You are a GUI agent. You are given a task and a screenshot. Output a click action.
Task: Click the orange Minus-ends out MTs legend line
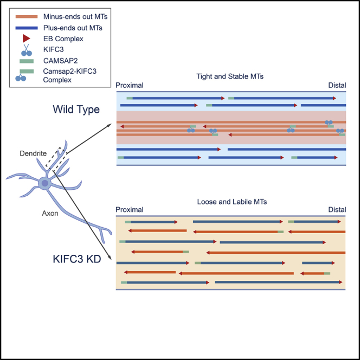click(x=27, y=17)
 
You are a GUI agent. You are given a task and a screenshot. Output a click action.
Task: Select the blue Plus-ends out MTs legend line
click(x=27, y=27)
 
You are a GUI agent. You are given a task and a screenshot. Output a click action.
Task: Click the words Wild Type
click(x=76, y=110)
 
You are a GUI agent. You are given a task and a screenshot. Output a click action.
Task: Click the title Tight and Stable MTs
click(x=230, y=76)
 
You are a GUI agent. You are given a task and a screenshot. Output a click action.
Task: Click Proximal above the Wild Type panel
click(x=130, y=85)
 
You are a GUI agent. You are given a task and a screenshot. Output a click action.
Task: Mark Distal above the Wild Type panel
click(x=337, y=85)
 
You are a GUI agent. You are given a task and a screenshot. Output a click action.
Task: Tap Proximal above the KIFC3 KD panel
click(x=130, y=210)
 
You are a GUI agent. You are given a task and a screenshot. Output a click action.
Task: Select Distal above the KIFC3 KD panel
click(x=337, y=210)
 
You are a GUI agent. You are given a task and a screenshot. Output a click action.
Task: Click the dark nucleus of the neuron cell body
click(x=44, y=183)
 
